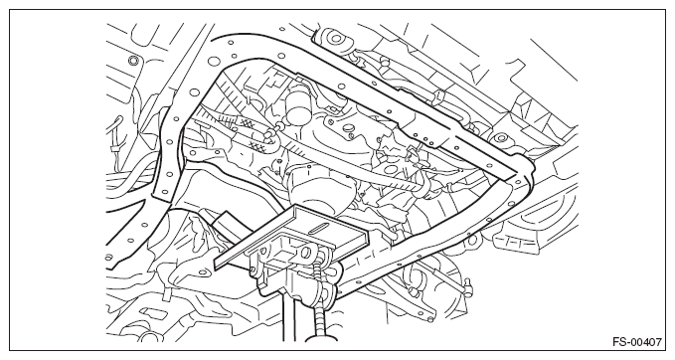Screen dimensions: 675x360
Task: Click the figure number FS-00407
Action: click(x=637, y=342)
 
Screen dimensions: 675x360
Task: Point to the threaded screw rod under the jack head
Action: click(x=318, y=301)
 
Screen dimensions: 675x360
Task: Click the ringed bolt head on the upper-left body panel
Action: click(x=133, y=59)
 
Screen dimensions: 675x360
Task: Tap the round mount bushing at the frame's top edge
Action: click(x=336, y=38)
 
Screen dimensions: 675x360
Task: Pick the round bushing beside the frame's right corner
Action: click(x=501, y=138)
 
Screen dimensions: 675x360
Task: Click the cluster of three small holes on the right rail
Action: click(x=425, y=138)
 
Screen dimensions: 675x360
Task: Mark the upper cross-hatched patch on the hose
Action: click(x=246, y=122)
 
